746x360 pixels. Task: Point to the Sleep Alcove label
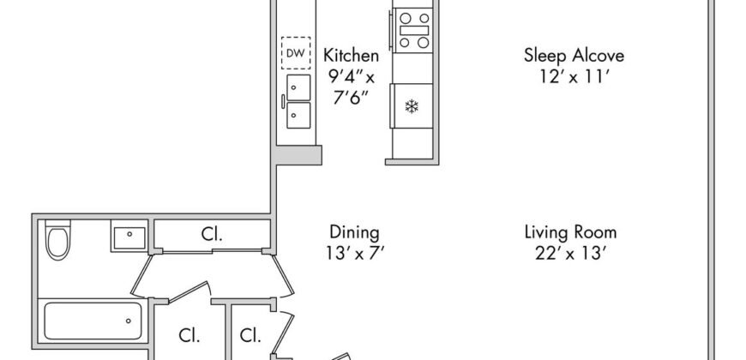point(574,57)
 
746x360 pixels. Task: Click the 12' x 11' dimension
point(574,76)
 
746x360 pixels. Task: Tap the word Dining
point(354,232)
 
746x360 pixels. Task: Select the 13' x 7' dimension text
point(354,252)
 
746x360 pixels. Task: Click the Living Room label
point(570,232)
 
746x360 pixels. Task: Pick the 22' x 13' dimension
point(570,252)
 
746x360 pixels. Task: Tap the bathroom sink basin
point(128,235)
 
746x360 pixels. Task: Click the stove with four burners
point(413,30)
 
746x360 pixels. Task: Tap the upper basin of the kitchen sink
point(298,86)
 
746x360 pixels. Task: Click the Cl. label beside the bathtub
point(189,335)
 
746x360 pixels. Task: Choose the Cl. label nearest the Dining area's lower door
point(250,335)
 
